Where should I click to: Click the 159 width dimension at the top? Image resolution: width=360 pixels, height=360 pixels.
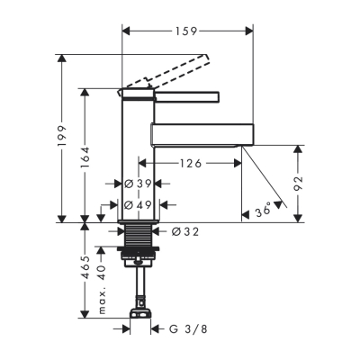coord(187,30)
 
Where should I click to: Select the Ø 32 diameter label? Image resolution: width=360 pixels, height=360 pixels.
coord(186,231)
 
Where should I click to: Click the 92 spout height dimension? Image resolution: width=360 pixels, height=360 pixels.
coord(299,182)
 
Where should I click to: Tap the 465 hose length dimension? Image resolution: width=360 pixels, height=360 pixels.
coord(85,268)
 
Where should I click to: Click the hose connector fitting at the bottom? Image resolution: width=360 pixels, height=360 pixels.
coord(139,314)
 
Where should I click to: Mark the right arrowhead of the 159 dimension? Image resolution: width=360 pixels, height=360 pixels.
coord(249,30)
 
